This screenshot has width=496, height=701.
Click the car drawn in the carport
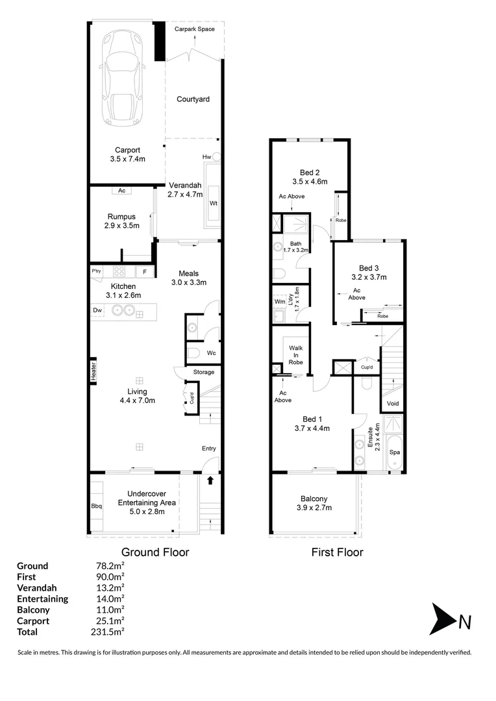tap(121, 81)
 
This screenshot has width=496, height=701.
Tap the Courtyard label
tap(193, 99)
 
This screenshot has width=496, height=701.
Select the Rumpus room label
tap(121, 218)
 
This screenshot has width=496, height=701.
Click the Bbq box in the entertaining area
tap(97, 506)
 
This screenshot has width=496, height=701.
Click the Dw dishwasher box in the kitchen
tap(98, 311)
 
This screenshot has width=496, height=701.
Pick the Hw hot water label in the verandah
tap(207, 157)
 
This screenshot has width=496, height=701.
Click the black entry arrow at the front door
tap(210, 481)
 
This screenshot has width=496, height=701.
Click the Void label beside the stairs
tap(393, 403)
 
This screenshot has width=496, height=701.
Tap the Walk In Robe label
tap(295, 355)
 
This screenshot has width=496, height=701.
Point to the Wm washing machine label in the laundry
tap(279, 302)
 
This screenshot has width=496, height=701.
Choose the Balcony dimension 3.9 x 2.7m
tap(314, 508)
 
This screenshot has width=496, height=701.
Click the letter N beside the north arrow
tap(465, 622)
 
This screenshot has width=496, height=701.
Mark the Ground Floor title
tap(156, 552)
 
